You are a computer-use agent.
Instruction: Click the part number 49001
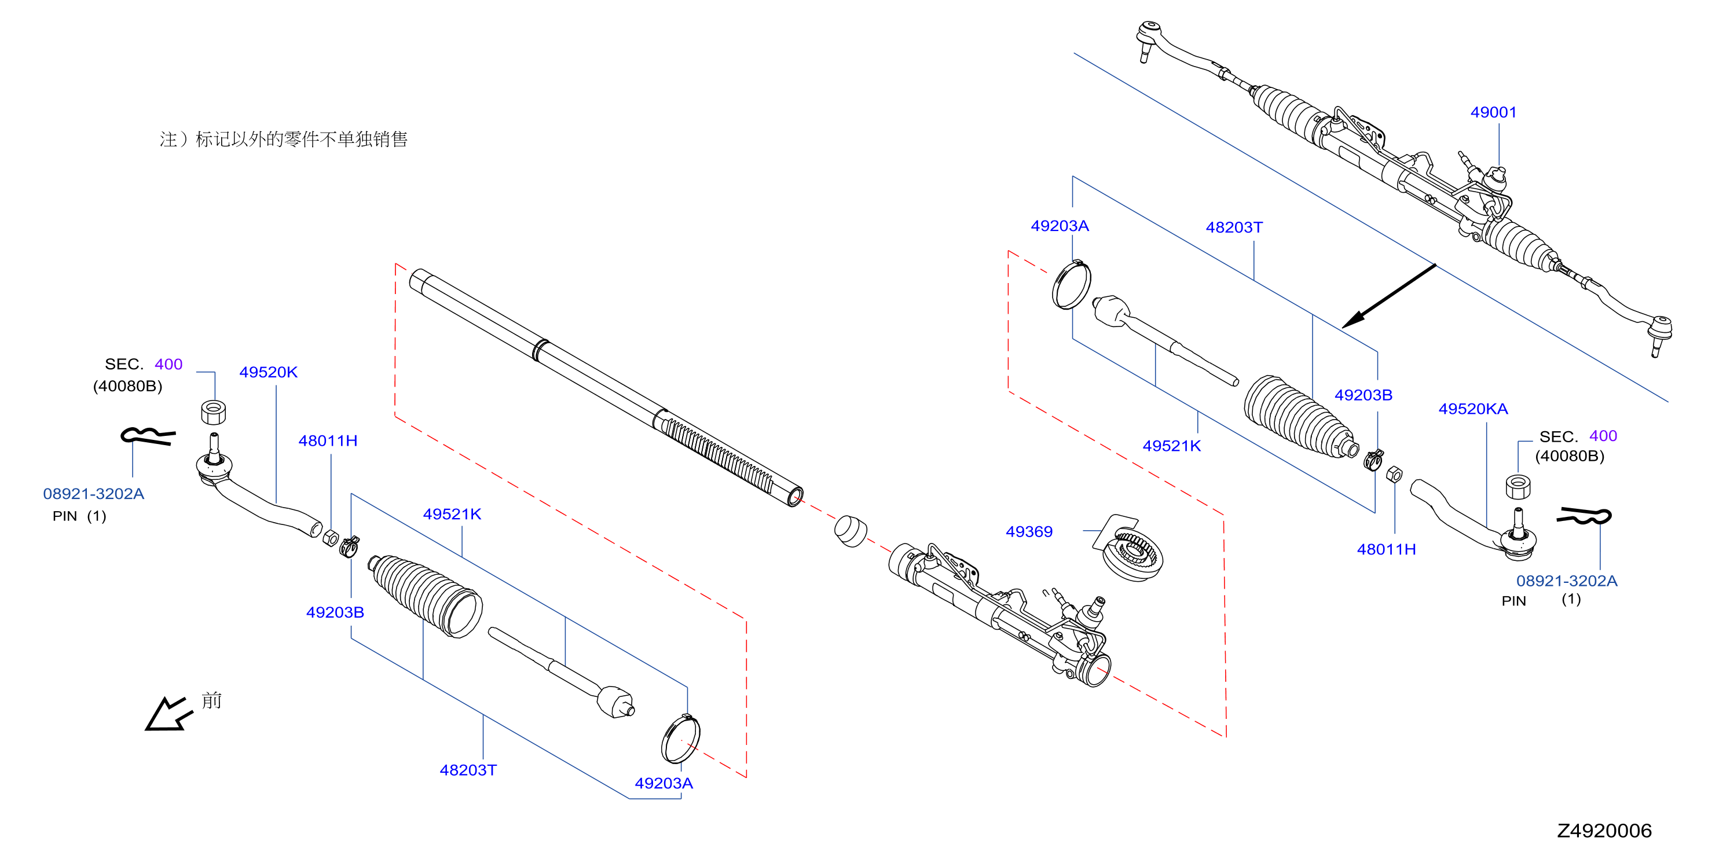1493,112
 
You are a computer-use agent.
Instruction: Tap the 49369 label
1029,531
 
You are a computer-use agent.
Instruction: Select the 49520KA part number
1473,409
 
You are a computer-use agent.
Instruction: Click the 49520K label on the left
268,372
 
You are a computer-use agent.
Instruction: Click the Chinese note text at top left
284,139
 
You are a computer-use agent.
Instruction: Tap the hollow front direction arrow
168,715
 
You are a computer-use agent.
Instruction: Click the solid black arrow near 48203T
1388,295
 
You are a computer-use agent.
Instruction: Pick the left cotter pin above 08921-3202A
148,435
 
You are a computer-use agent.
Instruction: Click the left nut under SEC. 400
214,412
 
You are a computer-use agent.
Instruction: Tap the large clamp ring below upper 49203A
1072,285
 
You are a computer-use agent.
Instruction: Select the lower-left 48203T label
468,770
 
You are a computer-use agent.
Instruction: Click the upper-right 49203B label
1364,395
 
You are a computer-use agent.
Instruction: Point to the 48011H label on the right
1386,549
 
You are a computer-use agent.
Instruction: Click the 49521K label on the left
452,514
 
